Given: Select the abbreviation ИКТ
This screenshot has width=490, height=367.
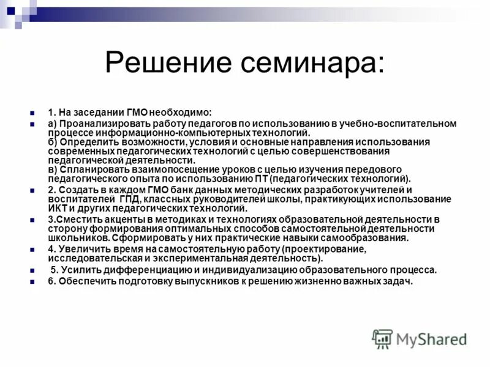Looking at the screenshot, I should [56, 209].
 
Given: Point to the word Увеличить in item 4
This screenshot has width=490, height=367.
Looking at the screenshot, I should [84, 249].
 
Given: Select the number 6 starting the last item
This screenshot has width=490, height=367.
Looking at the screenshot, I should [50, 281].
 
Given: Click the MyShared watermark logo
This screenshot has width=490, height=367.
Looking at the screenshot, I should [420, 338].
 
